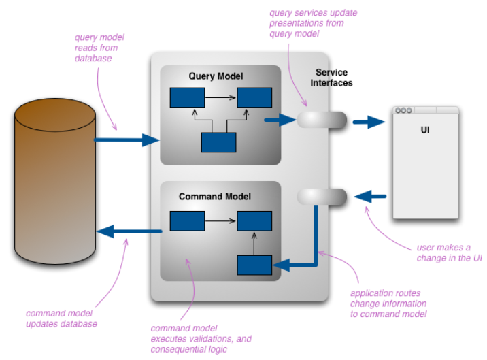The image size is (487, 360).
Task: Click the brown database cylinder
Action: (55, 181)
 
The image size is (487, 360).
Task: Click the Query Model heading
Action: (216, 76)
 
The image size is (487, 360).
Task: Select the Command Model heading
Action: (215, 197)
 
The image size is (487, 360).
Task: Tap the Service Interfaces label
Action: (331, 78)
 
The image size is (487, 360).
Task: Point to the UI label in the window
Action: (425, 130)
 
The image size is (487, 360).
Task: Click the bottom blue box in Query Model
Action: (218, 142)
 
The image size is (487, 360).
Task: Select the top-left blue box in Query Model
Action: (187, 97)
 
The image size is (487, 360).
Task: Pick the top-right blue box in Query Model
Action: (254, 97)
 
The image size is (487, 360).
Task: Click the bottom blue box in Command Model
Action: (254, 265)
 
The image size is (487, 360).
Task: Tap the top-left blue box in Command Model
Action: (187, 221)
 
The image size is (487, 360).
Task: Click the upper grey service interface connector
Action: (322, 120)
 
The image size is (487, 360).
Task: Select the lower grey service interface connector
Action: (322, 197)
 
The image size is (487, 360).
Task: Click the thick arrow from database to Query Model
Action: (127, 140)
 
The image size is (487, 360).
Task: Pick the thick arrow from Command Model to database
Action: (129, 231)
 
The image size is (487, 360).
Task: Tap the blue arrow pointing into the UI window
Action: (369, 122)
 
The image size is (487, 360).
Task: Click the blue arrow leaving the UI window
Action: (370, 197)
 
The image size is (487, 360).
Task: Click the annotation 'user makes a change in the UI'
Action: (450, 252)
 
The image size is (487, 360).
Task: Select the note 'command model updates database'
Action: (61, 318)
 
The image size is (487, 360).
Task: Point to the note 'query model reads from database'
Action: (99, 48)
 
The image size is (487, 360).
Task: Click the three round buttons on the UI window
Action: (403, 110)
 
